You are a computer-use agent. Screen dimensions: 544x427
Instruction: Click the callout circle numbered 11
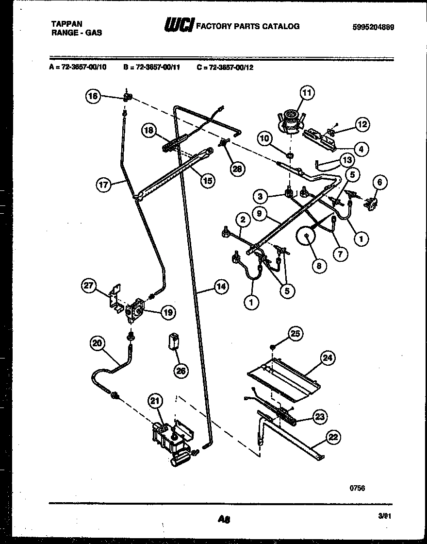(306, 92)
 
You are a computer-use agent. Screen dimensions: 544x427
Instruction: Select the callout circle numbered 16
(93, 96)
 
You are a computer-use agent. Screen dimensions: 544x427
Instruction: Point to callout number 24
(328, 358)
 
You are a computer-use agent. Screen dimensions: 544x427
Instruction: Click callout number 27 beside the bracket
(88, 286)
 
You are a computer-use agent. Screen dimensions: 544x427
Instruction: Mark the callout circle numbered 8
(319, 266)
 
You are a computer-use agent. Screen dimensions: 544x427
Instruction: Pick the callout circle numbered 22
(333, 437)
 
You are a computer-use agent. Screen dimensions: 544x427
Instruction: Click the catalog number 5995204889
(373, 27)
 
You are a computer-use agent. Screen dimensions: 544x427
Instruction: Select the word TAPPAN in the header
(66, 23)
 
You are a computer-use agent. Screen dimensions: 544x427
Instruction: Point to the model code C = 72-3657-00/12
(225, 68)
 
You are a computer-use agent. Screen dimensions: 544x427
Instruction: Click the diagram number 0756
(357, 488)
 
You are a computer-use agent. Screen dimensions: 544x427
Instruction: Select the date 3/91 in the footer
(384, 518)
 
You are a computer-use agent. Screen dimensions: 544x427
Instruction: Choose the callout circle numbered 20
(97, 343)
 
